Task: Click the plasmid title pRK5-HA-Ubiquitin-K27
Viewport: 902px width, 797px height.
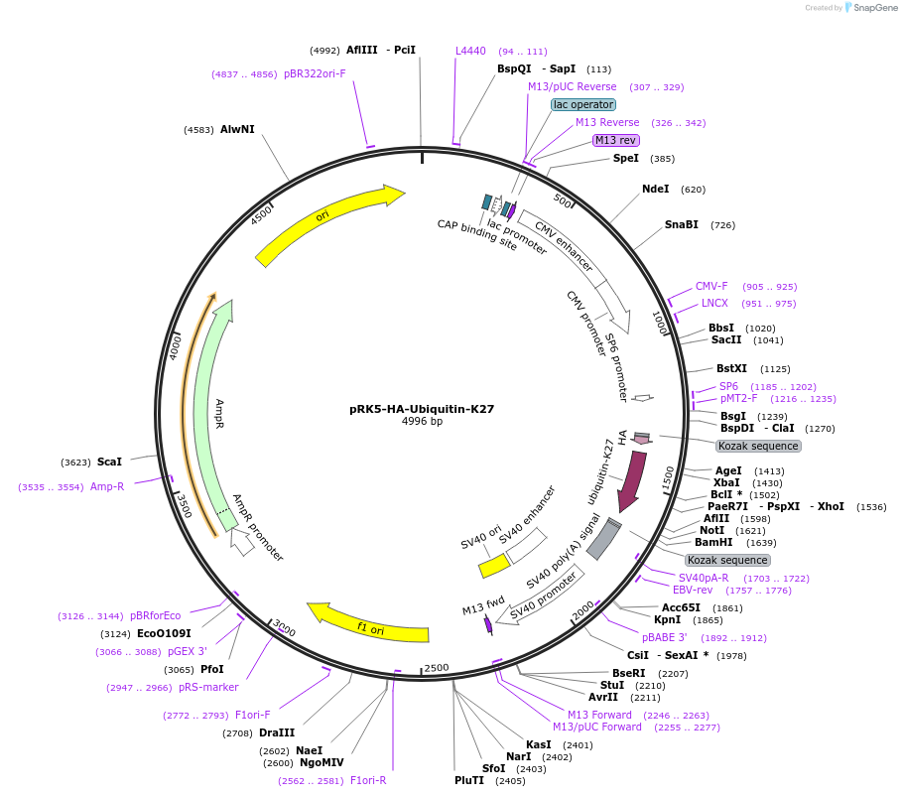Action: [422, 408]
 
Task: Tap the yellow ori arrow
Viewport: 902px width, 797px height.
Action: [327, 225]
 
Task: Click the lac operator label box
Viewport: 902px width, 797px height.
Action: [583, 104]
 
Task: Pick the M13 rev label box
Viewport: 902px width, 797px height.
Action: [615, 140]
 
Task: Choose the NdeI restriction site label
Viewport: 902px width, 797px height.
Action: [655, 189]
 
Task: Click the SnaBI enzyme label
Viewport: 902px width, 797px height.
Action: [682, 224]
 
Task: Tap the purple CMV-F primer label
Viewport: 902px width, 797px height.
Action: [711, 286]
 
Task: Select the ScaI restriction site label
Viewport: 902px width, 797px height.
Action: [109, 462]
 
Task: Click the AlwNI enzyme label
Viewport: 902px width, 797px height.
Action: [237, 129]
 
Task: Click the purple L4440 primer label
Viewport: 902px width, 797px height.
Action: [470, 51]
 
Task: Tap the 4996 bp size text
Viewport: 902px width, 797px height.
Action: [422, 422]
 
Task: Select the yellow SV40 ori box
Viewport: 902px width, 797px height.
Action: [494, 566]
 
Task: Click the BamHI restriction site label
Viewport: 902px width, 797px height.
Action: [713, 542]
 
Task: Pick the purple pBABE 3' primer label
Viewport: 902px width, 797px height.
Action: [664, 637]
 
